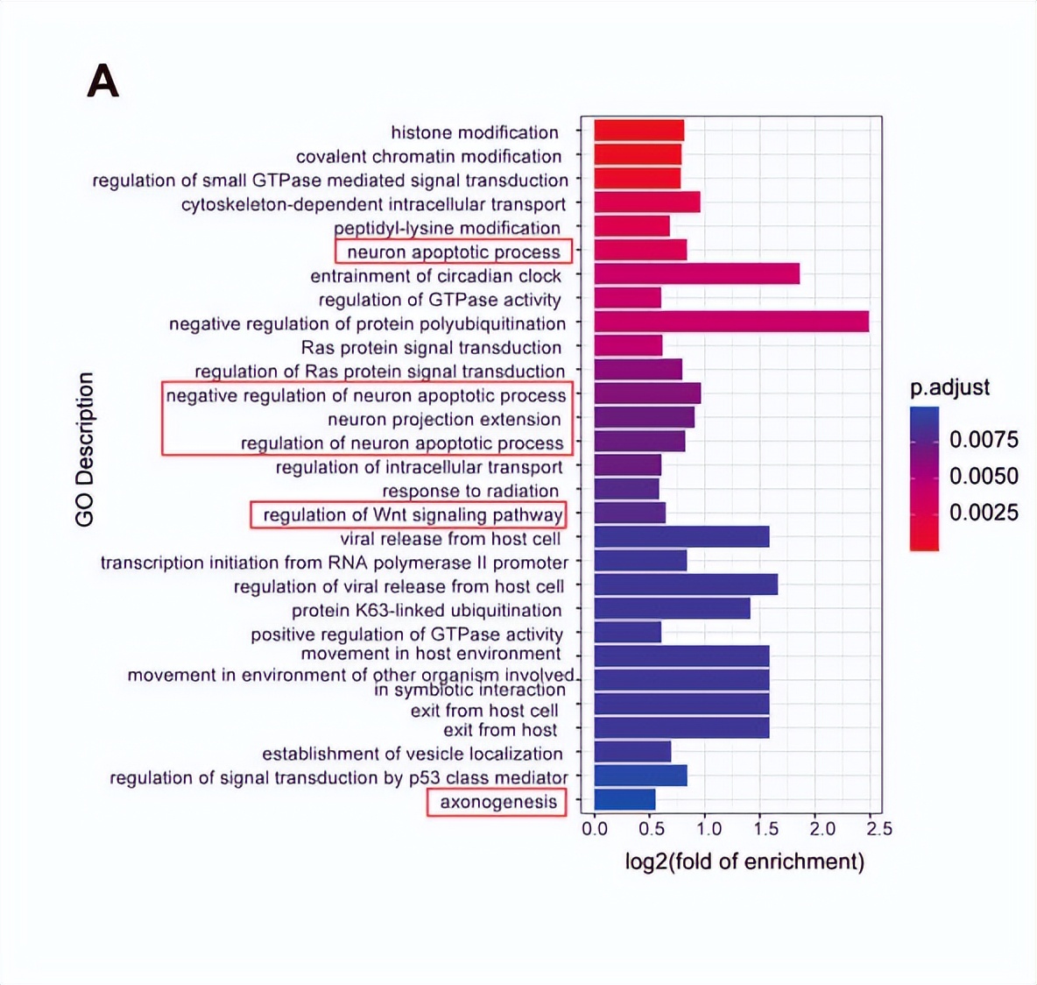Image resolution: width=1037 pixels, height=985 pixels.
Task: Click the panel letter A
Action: [x=102, y=82]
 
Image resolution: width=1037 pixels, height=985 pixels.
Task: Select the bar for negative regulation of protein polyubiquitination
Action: [x=731, y=322]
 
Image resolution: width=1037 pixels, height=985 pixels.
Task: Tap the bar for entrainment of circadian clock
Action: [x=696, y=273]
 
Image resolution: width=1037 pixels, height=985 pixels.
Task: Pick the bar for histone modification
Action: [x=638, y=131]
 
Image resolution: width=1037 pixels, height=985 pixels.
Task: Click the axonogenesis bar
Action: [x=624, y=799]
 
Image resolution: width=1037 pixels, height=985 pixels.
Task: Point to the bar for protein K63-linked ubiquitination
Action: [x=672, y=608]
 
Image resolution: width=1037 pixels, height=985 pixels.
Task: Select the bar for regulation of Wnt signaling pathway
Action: [x=630, y=513]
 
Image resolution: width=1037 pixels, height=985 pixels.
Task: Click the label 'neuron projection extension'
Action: [x=444, y=420]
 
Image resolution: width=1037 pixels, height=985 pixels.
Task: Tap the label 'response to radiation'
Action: [x=470, y=491]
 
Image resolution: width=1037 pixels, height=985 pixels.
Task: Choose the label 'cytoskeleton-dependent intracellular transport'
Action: [x=374, y=204]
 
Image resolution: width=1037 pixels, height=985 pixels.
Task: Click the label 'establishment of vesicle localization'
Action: [x=413, y=754]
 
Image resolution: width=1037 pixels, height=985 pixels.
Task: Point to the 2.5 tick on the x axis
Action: [x=880, y=828]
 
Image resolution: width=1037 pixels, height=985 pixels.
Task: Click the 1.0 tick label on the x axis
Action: [x=709, y=828]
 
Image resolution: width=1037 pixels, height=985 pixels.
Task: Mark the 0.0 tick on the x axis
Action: [x=595, y=828]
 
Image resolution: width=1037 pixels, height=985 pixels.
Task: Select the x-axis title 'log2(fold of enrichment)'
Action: [x=744, y=861]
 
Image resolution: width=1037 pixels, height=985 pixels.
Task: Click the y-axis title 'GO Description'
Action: [x=85, y=450]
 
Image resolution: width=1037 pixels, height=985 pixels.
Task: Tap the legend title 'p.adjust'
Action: [x=950, y=387]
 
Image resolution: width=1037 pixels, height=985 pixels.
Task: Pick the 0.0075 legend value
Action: [x=984, y=439]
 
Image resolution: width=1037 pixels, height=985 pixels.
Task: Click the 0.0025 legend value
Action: [x=984, y=512]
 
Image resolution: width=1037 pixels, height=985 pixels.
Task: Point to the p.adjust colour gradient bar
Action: [x=924, y=478]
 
